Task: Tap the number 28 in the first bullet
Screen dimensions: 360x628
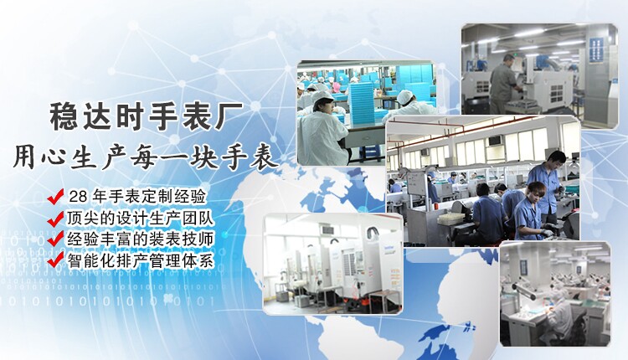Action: (78, 197)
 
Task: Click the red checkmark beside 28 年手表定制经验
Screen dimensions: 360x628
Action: (57, 197)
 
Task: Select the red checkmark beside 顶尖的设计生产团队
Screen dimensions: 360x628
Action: (57, 218)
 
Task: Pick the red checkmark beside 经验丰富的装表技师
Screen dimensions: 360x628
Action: (57, 239)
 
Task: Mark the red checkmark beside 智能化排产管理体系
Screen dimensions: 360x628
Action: (57, 260)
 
